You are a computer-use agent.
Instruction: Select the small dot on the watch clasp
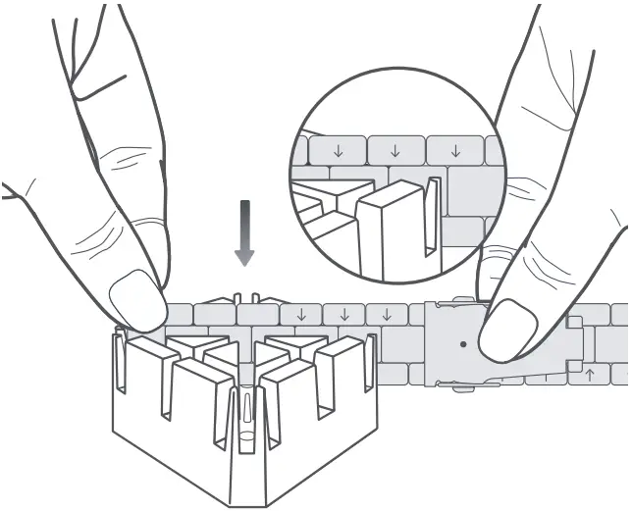463,344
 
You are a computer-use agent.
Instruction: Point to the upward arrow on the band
589,374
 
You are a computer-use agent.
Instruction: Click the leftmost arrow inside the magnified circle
338,151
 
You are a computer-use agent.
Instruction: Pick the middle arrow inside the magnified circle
395,151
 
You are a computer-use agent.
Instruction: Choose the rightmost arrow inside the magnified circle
454,151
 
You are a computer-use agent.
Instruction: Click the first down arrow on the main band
299,315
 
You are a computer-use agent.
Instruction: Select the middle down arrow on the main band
343,315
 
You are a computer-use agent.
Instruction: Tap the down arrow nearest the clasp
388,315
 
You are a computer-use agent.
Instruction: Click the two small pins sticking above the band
244,297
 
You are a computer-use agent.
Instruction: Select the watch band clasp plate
461,343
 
